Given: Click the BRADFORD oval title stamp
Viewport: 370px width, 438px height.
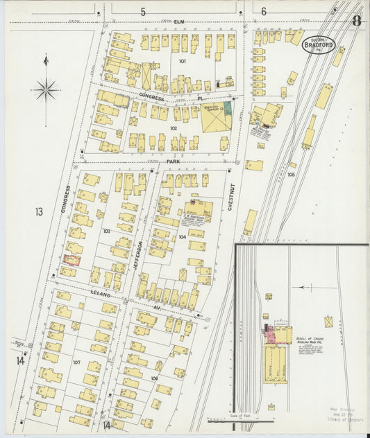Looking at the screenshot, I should pyautogui.click(x=319, y=46).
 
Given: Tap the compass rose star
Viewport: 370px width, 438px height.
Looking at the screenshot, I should pyautogui.click(x=46, y=89).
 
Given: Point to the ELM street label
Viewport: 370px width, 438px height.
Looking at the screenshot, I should pyautogui.click(x=183, y=22).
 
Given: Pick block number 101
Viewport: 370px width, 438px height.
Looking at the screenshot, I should pyautogui.click(x=182, y=61).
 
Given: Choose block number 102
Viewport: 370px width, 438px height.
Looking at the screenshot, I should pyautogui.click(x=173, y=128).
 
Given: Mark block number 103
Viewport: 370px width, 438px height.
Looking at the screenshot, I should pyautogui.click(x=106, y=230).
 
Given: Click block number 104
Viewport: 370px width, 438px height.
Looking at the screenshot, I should pyautogui.click(x=182, y=237).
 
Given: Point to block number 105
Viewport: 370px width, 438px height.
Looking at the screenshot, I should pyautogui.click(x=291, y=175).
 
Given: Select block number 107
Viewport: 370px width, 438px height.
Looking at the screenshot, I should pyautogui.click(x=76, y=362).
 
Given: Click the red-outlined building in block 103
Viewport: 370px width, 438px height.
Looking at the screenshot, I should pyautogui.click(x=72, y=260).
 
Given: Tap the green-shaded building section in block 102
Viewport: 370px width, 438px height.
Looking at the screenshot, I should pyautogui.click(x=227, y=108).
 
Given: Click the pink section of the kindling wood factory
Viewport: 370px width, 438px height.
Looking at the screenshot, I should pyautogui.click(x=267, y=336).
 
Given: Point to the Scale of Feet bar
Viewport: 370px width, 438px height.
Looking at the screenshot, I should pyautogui.click(x=222, y=419).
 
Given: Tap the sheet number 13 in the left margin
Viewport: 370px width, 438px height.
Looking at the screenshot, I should pyautogui.click(x=39, y=211).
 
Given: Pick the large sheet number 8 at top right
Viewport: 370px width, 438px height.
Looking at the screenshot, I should pyautogui.click(x=355, y=20).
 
